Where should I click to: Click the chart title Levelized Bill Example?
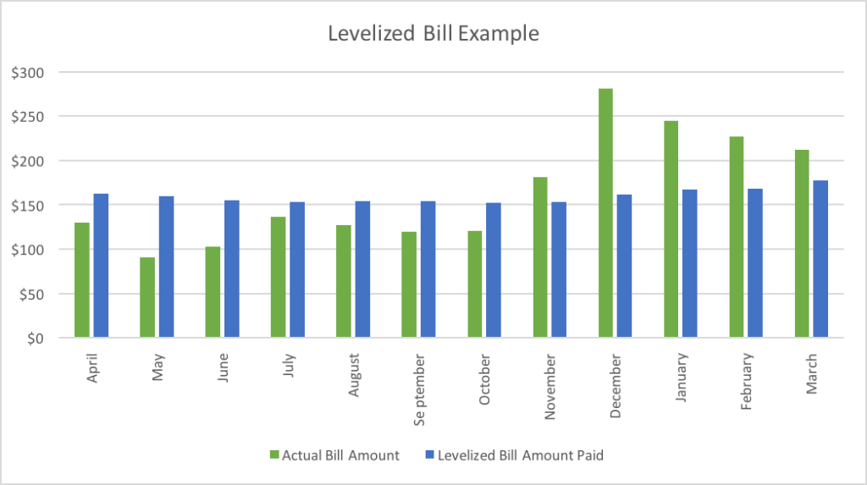pyautogui.click(x=433, y=35)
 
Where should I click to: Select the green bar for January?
pyautogui.click(x=671, y=229)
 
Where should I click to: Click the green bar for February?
pyautogui.click(x=737, y=237)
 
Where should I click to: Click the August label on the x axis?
pyautogui.click(x=353, y=375)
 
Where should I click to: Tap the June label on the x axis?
pyautogui.click(x=223, y=368)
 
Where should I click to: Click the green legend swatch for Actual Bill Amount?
pyautogui.click(x=273, y=455)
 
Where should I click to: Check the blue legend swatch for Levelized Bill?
pyautogui.click(x=429, y=455)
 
